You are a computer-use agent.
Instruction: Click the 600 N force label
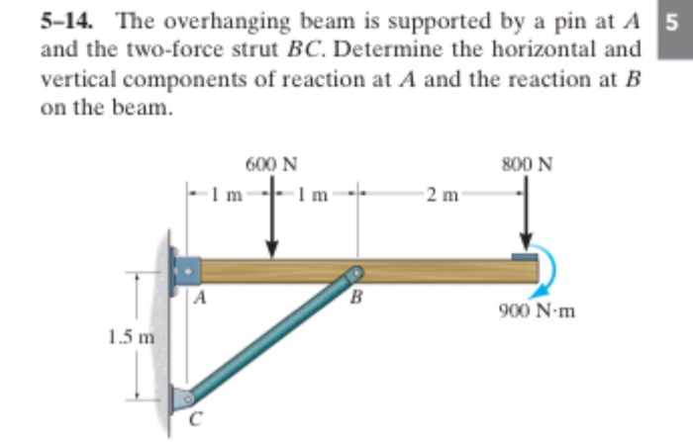271,164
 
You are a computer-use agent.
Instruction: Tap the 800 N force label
527,164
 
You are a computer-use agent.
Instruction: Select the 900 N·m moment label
537,311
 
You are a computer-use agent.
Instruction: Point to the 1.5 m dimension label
132,337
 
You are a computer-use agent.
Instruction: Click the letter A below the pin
200,298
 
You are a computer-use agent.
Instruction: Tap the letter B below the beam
356,298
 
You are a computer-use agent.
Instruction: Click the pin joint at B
356,273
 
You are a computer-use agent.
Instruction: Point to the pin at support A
188,271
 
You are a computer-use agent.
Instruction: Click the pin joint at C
188,398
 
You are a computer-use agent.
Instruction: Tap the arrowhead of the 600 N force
272,249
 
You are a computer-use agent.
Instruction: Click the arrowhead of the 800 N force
526,242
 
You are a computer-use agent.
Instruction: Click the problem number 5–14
66,21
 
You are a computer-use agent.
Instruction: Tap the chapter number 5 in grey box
671,22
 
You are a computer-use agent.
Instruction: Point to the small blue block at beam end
525,256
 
